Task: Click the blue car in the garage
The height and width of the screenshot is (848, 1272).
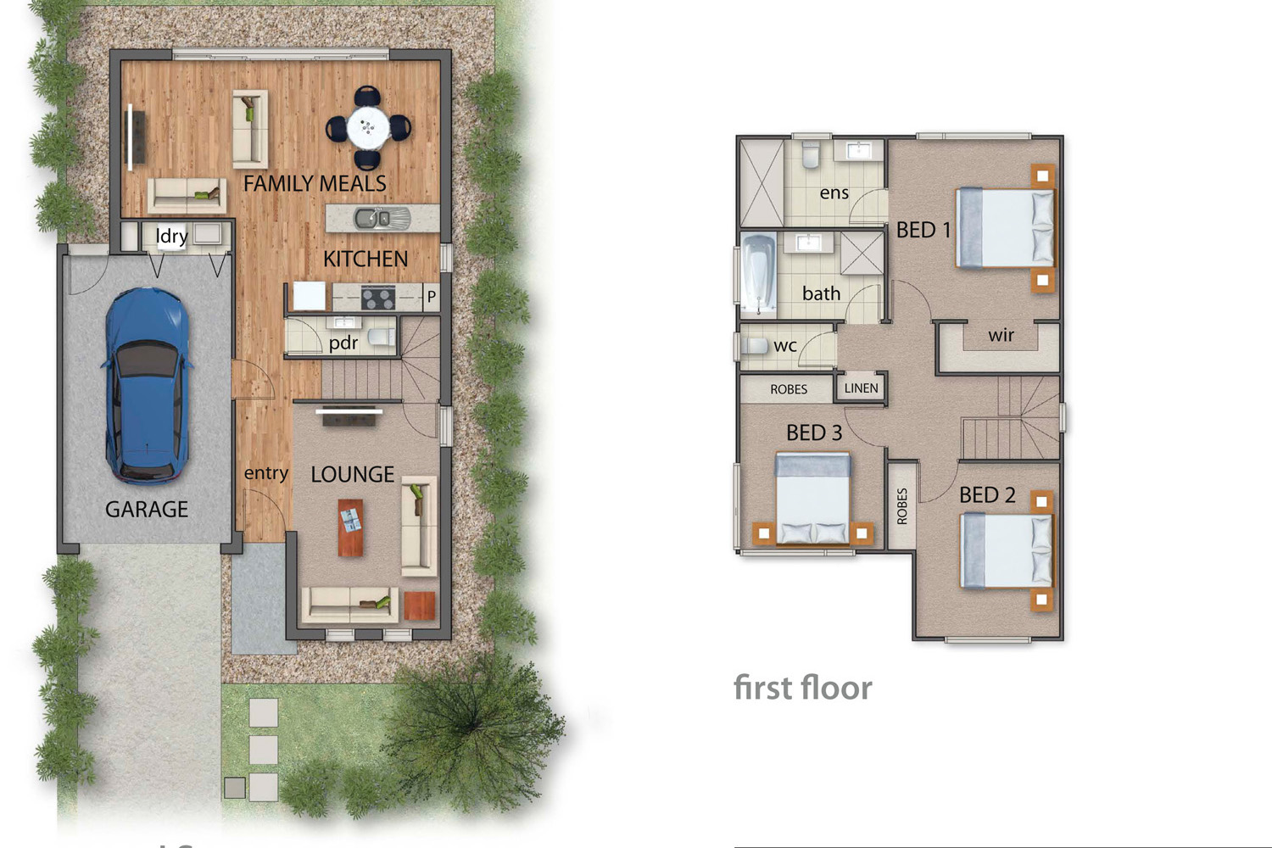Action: [147, 386]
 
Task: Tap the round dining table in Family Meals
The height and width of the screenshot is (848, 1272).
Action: [368, 127]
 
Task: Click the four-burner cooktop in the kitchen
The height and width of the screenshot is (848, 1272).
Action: [378, 297]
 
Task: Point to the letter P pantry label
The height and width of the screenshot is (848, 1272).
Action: [432, 296]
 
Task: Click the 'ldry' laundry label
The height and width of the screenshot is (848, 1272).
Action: [171, 236]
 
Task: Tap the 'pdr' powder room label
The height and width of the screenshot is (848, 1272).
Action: [343, 343]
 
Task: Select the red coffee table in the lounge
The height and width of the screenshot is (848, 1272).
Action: [350, 527]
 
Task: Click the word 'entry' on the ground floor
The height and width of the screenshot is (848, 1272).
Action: [265, 473]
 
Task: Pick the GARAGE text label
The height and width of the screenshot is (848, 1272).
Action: [147, 510]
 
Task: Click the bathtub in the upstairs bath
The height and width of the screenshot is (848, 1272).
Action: [759, 275]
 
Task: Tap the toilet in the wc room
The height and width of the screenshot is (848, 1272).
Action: [756, 346]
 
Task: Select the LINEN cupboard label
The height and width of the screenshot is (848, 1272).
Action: [861, 388]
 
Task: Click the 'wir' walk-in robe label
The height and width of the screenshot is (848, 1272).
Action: [1001, 335]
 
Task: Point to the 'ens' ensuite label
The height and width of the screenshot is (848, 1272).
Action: [834, 193]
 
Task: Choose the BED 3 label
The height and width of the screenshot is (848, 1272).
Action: [814, 432]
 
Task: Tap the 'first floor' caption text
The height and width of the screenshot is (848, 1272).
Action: [803, 688]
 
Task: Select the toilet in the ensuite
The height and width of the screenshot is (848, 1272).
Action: [811, 154]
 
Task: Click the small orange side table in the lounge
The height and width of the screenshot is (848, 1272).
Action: [420, 605]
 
